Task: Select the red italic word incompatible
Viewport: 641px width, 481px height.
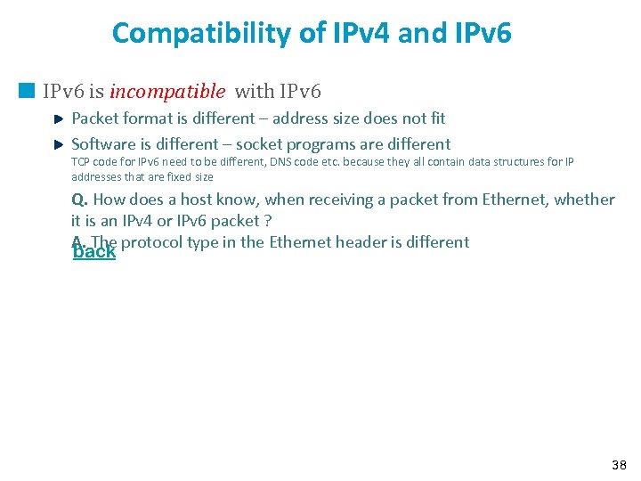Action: [x=167, y=91]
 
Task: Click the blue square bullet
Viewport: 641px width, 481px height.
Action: [x=28, y=91]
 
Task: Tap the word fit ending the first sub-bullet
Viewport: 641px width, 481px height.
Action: [x=436, y=118]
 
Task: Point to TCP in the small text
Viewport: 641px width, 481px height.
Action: [x=79, y=161]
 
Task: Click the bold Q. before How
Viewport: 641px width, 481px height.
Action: [x=80, y=200]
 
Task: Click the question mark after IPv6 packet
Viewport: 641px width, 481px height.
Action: [x=267, y=221]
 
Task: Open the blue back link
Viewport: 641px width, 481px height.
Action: [x=94, y=252]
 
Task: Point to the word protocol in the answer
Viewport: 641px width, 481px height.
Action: [x=152, y=241]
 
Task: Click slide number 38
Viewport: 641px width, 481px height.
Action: [x=619, y=464]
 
